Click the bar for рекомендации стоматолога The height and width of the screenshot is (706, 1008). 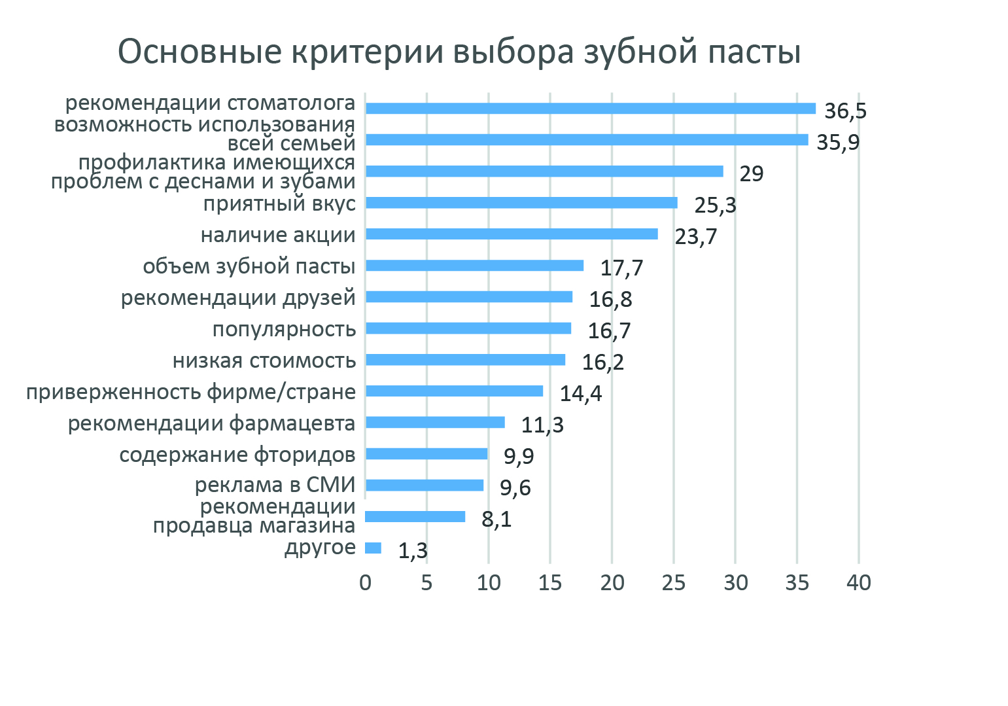(x=590, y=109)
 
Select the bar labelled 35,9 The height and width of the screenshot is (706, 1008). (x=586, y=140)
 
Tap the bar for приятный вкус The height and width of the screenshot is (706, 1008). (x=521, y=203)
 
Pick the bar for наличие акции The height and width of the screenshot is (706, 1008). (x=511, y=234)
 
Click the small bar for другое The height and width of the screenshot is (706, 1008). (x=373, y=548)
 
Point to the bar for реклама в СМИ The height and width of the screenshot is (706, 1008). (x=424, y=485)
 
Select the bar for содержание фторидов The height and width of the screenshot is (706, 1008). (x=426, y=454)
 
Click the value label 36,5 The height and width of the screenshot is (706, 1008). (x=845, y=111)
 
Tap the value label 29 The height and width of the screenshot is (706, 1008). (x=751, y=174)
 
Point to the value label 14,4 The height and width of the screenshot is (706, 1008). (x=580, y=394)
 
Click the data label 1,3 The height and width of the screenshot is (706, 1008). (x=413, y=552)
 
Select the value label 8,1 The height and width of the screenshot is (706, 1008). (x=496, y=520)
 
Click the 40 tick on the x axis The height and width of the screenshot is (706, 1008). (x=858, y=582)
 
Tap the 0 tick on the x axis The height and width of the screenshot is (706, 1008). (x=365, y=582)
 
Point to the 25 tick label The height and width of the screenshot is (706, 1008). (x=673, y=582)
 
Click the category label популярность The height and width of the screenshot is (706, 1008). (x=284, y=328)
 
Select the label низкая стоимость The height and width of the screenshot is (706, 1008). (x=264, y=360)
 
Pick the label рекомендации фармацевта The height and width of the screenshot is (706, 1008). (x=211, y=423)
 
